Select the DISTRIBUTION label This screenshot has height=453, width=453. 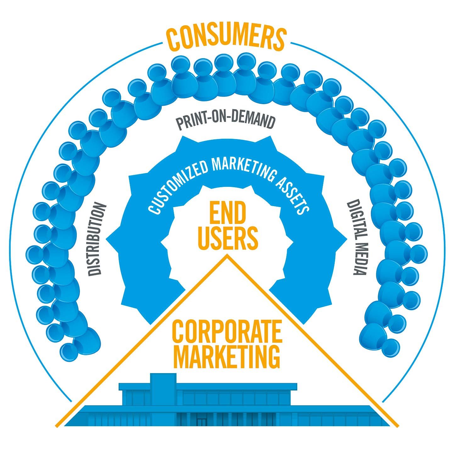[96, 239]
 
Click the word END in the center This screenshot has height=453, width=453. [228, 213]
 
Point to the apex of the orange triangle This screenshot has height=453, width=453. [227, 255]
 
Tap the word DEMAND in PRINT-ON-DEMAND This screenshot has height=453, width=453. [254, 121]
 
